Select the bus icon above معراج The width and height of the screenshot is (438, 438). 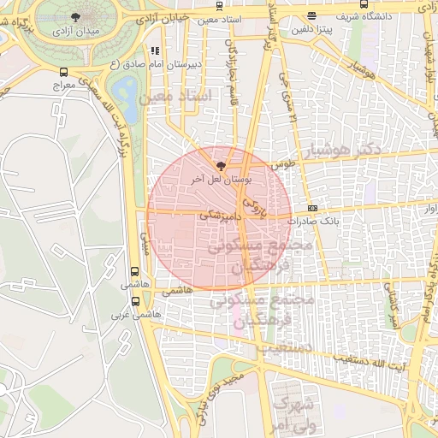coord(64,73)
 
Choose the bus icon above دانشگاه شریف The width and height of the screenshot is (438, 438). coord(311,15)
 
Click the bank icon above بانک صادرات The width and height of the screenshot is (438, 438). coord(312,208)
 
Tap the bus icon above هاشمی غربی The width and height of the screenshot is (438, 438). coord(135,300)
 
